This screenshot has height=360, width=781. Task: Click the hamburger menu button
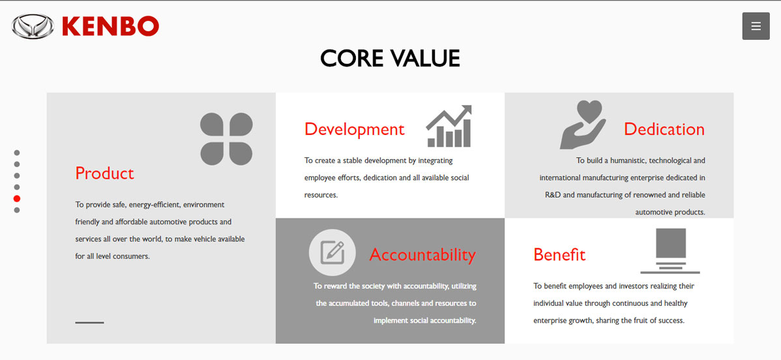756,27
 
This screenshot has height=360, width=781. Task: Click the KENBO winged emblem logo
33,27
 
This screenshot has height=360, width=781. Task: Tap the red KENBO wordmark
111,27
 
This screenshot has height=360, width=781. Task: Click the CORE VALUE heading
390,58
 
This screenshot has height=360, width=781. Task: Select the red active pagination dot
17,198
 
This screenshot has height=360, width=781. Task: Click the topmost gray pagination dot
17,153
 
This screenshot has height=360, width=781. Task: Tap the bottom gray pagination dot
17,210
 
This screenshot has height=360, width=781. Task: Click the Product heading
104,173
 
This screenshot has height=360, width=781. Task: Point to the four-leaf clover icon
226,139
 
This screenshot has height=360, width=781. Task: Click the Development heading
355,129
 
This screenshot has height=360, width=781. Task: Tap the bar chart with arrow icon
449,126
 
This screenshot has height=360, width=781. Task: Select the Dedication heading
664,129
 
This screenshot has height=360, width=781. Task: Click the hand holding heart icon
583,125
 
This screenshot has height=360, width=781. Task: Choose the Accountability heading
423,255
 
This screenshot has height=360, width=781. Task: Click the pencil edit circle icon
332,252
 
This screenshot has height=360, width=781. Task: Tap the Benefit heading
559,255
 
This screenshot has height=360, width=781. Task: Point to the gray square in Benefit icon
671,243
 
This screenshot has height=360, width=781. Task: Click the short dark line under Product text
90,323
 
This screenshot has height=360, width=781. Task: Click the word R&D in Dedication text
553,195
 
